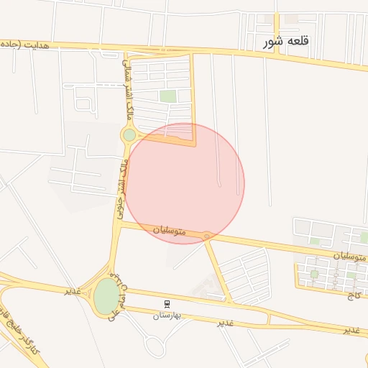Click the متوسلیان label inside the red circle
pos(169,231)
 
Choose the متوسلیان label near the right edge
pos(350,256)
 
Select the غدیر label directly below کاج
pos(351,330)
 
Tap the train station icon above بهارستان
pos(167,304)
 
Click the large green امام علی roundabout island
pos(106,295)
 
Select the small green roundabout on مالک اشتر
pos(129,134)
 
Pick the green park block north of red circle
pos(167,96)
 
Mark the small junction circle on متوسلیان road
pos(207,235)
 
